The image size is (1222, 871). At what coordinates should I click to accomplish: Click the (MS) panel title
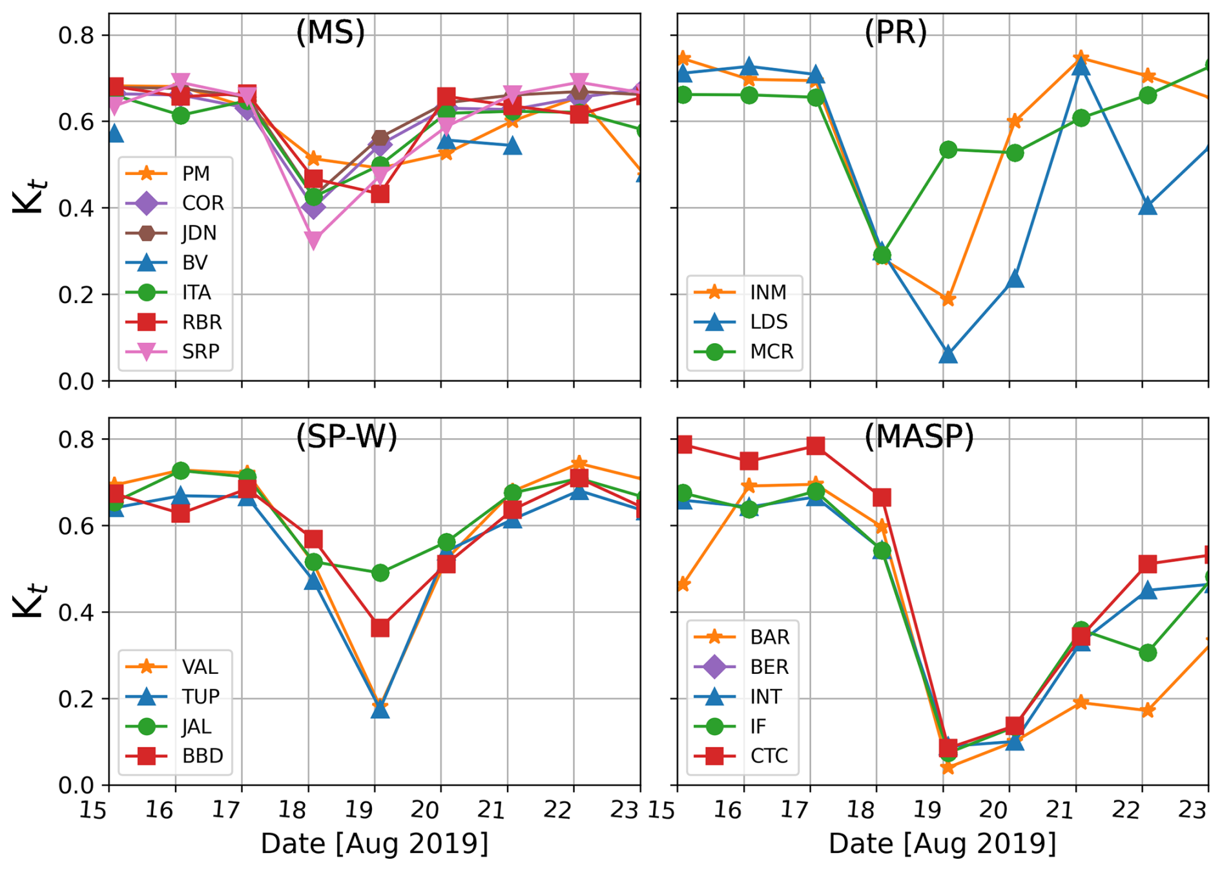click(x=330, y=32)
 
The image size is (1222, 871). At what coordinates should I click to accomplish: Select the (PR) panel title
click(x=895, y=32)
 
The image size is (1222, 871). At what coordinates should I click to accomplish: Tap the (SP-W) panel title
click(x=346, y=437)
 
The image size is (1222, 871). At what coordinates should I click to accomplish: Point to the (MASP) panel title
click(x=918, y=437)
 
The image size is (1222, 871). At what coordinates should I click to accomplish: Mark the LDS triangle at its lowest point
click(x=948, y=354)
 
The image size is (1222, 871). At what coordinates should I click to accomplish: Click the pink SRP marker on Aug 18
click(x=313, y=240)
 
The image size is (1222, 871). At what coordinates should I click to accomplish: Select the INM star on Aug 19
click(x=948, y=299)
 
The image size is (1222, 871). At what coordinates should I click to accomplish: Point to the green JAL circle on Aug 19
click(x=380, y=572)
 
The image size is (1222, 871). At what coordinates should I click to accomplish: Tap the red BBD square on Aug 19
click(x=380, y=627)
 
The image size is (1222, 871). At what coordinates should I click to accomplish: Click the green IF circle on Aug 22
click(x=1148, y=653)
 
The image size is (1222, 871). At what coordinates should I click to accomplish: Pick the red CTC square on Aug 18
click(x=882, y=498)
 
